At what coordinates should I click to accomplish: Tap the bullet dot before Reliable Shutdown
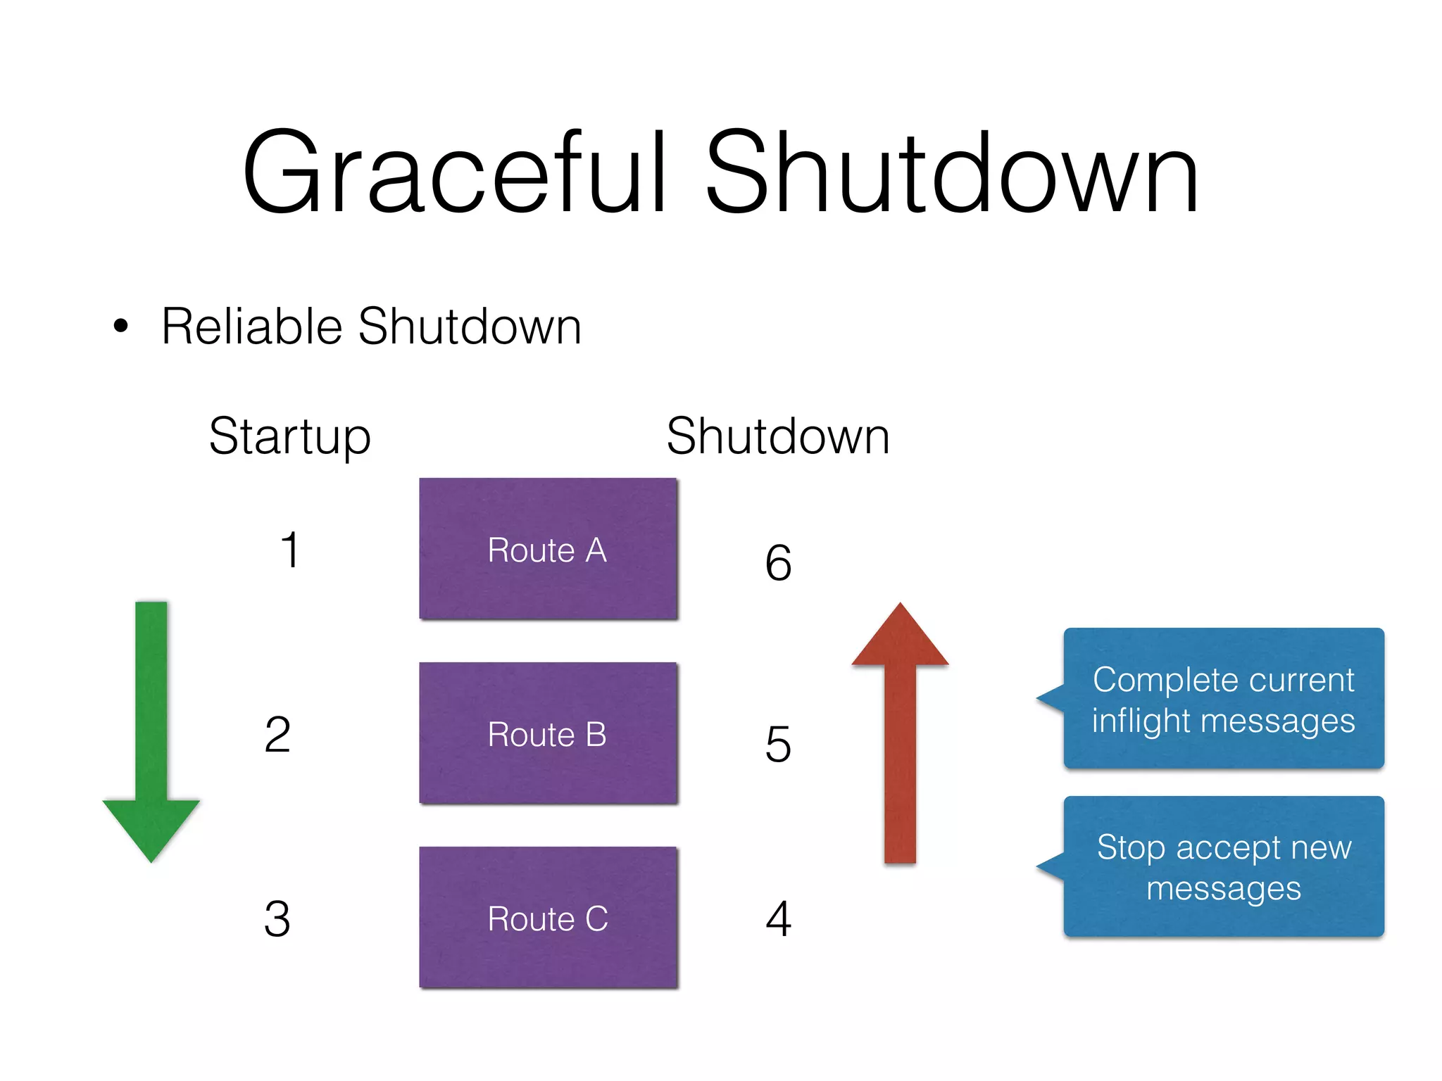tap(121, 326)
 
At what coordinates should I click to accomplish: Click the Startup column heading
tap(289, 437)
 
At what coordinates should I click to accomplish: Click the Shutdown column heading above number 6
tap(778, 436)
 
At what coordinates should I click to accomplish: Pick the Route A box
tap(548, 549)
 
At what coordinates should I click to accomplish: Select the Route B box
tap(548, 733)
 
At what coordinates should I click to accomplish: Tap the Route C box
tap(548, 918)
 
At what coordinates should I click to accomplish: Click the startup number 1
tap(289, 550)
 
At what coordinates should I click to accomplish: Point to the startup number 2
tap(277, 734)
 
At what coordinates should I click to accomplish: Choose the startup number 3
tap(277, 918)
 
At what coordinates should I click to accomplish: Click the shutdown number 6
tap(778, 563)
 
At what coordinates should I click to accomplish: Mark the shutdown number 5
tap(778, 745)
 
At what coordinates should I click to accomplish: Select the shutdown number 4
tap(778, 918)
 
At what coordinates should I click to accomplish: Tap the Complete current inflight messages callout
tap(1223, 699)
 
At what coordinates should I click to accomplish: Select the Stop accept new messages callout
tap(1223, 866)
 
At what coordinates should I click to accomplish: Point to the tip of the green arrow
tap(151, 860)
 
